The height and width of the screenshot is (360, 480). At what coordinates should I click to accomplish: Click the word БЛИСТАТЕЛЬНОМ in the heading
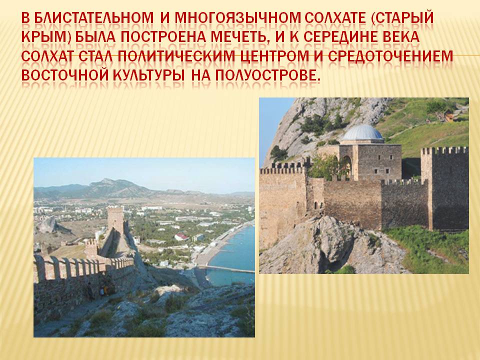pos(93,18)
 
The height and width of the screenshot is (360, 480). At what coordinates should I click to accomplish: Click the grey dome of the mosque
pos(362,132)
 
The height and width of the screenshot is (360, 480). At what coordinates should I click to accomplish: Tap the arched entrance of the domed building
pos(346,167)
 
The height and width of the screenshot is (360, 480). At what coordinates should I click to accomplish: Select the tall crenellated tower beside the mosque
pos(444,188)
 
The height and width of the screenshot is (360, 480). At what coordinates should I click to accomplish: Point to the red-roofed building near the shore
pos(181,237)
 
